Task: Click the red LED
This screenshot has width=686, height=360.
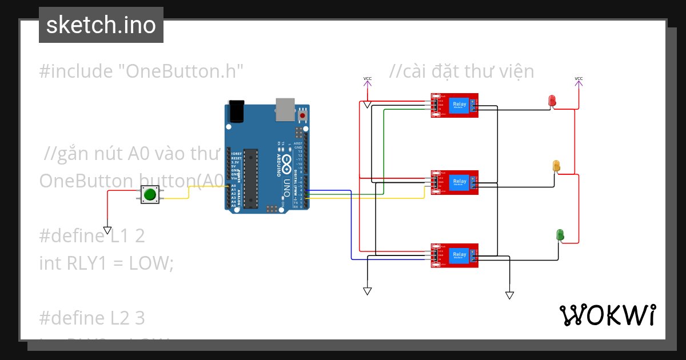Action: [x=552, y=101]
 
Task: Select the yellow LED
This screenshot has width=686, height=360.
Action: [x=556, y=166]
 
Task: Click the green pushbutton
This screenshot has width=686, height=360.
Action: [x=150, y=194]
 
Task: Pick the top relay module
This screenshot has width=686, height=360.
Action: [x=454, y=105]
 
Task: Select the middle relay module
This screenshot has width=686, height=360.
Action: [x=454, y=182]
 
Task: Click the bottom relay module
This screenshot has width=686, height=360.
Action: [x=454, y=255]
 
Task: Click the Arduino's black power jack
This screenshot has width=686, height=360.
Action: [x=236, y=111]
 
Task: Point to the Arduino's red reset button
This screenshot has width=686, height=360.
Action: [x=302, y=116]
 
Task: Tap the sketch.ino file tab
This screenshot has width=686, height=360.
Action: [x=101, y=25]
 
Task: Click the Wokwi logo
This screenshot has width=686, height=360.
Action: [x=607, y=315]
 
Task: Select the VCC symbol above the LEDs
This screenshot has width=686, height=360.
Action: [x=579, y=82]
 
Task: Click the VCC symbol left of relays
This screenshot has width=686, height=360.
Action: [x=367, y=82]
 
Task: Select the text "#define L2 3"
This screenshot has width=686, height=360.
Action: [x=92, y=317]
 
